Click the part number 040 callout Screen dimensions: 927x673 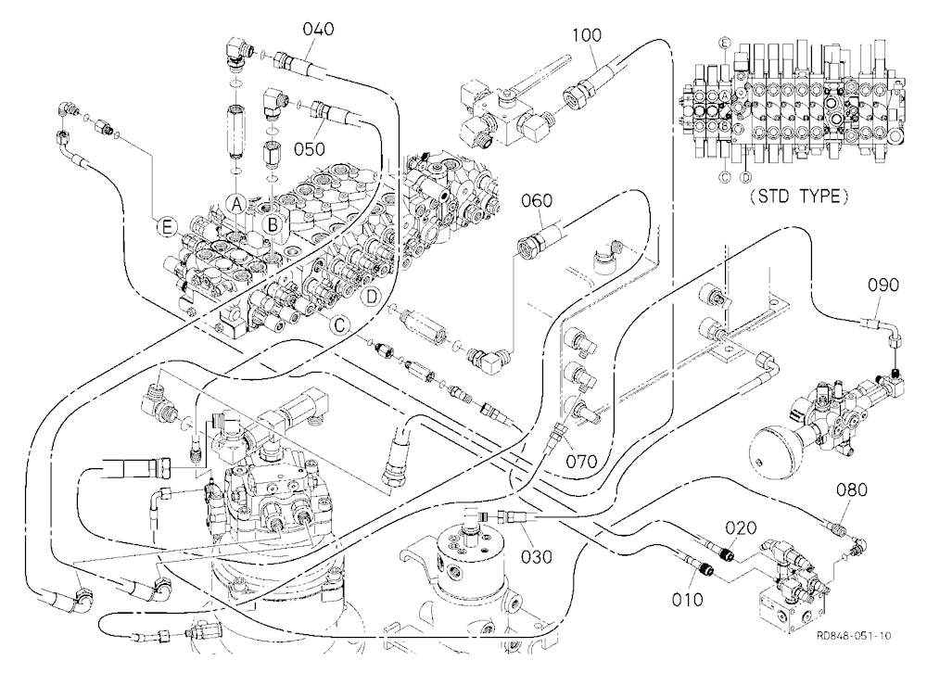point(319,29)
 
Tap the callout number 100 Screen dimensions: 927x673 point(587,35)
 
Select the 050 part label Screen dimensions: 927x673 point(310,148)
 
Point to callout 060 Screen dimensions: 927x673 point(537,201)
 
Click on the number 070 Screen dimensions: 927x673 point(582,461)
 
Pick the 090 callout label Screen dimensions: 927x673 point(883,285)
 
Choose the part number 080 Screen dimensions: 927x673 point(852,489)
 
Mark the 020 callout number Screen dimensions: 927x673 point(741,527)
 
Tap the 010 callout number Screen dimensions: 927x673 point(688,600)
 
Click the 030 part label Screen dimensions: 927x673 point(537,556)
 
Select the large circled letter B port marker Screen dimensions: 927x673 point(273,224)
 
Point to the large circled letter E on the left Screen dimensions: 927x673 point(167,227)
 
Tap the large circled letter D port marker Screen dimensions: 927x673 point(372,297)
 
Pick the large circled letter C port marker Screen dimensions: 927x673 point(340,324)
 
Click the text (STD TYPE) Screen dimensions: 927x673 point(799,197)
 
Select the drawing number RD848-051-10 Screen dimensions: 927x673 point(853,636)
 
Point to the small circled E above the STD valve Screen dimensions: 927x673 point(725,43)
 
